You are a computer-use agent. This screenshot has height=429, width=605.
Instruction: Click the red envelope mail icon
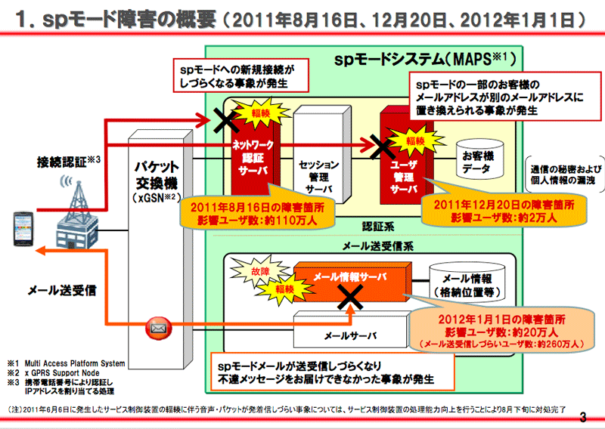coord(157,328)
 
